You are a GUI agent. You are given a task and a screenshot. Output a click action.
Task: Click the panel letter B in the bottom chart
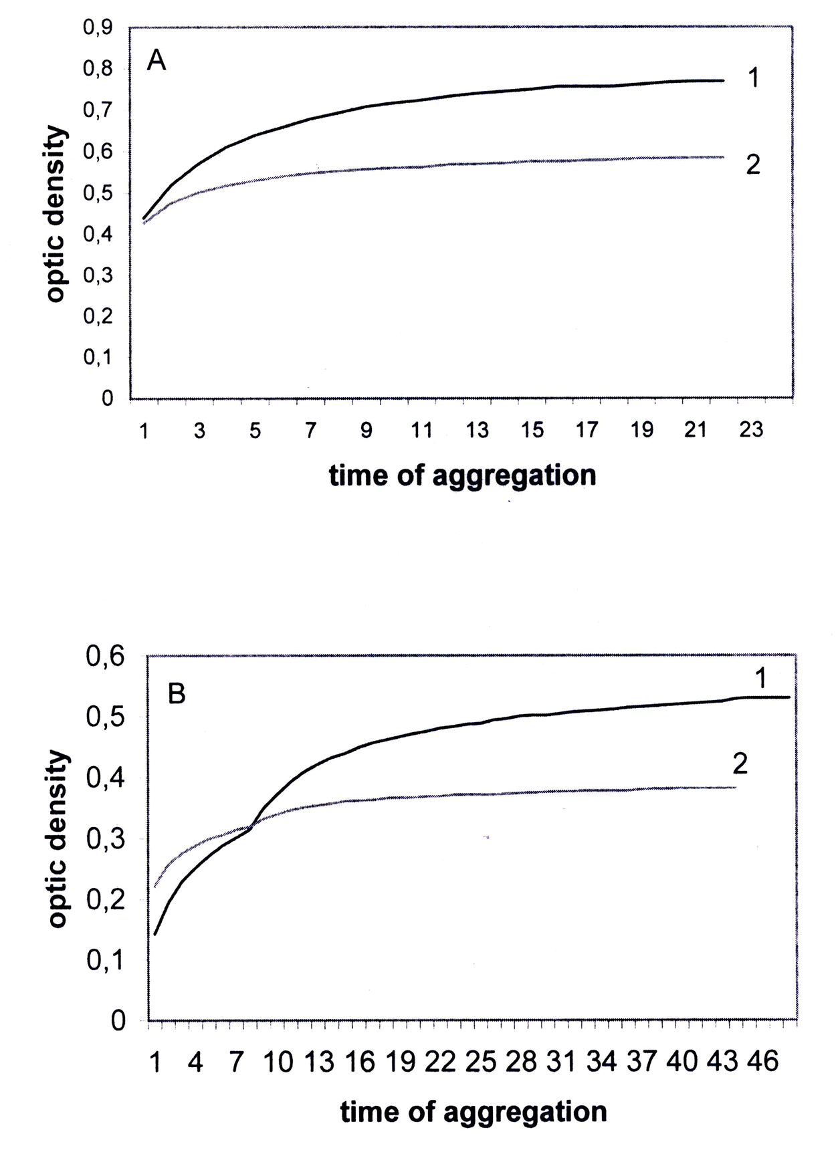click(x=176, y=695)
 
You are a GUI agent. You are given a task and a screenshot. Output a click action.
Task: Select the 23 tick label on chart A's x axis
click(x=751, y=430)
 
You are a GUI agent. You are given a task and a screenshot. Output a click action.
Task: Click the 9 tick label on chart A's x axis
click(x=366, y=430)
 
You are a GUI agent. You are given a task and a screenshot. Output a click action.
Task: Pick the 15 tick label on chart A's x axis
click(x=532, y=430)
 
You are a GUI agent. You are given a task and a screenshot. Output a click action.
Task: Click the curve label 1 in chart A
click(x=753, y=79)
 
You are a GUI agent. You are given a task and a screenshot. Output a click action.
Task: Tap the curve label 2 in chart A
click(x=753, y=164)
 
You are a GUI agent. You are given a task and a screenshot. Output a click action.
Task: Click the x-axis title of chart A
click(x=462, y=475)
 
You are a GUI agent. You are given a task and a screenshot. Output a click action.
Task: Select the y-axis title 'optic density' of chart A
click(x=58, y=214)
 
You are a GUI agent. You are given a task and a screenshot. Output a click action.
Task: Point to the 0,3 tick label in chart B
click(x=106, y=839)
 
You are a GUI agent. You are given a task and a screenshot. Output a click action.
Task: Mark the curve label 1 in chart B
click(x=760, y=679)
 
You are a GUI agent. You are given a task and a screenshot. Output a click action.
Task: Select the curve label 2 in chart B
click(x=740, y=764)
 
